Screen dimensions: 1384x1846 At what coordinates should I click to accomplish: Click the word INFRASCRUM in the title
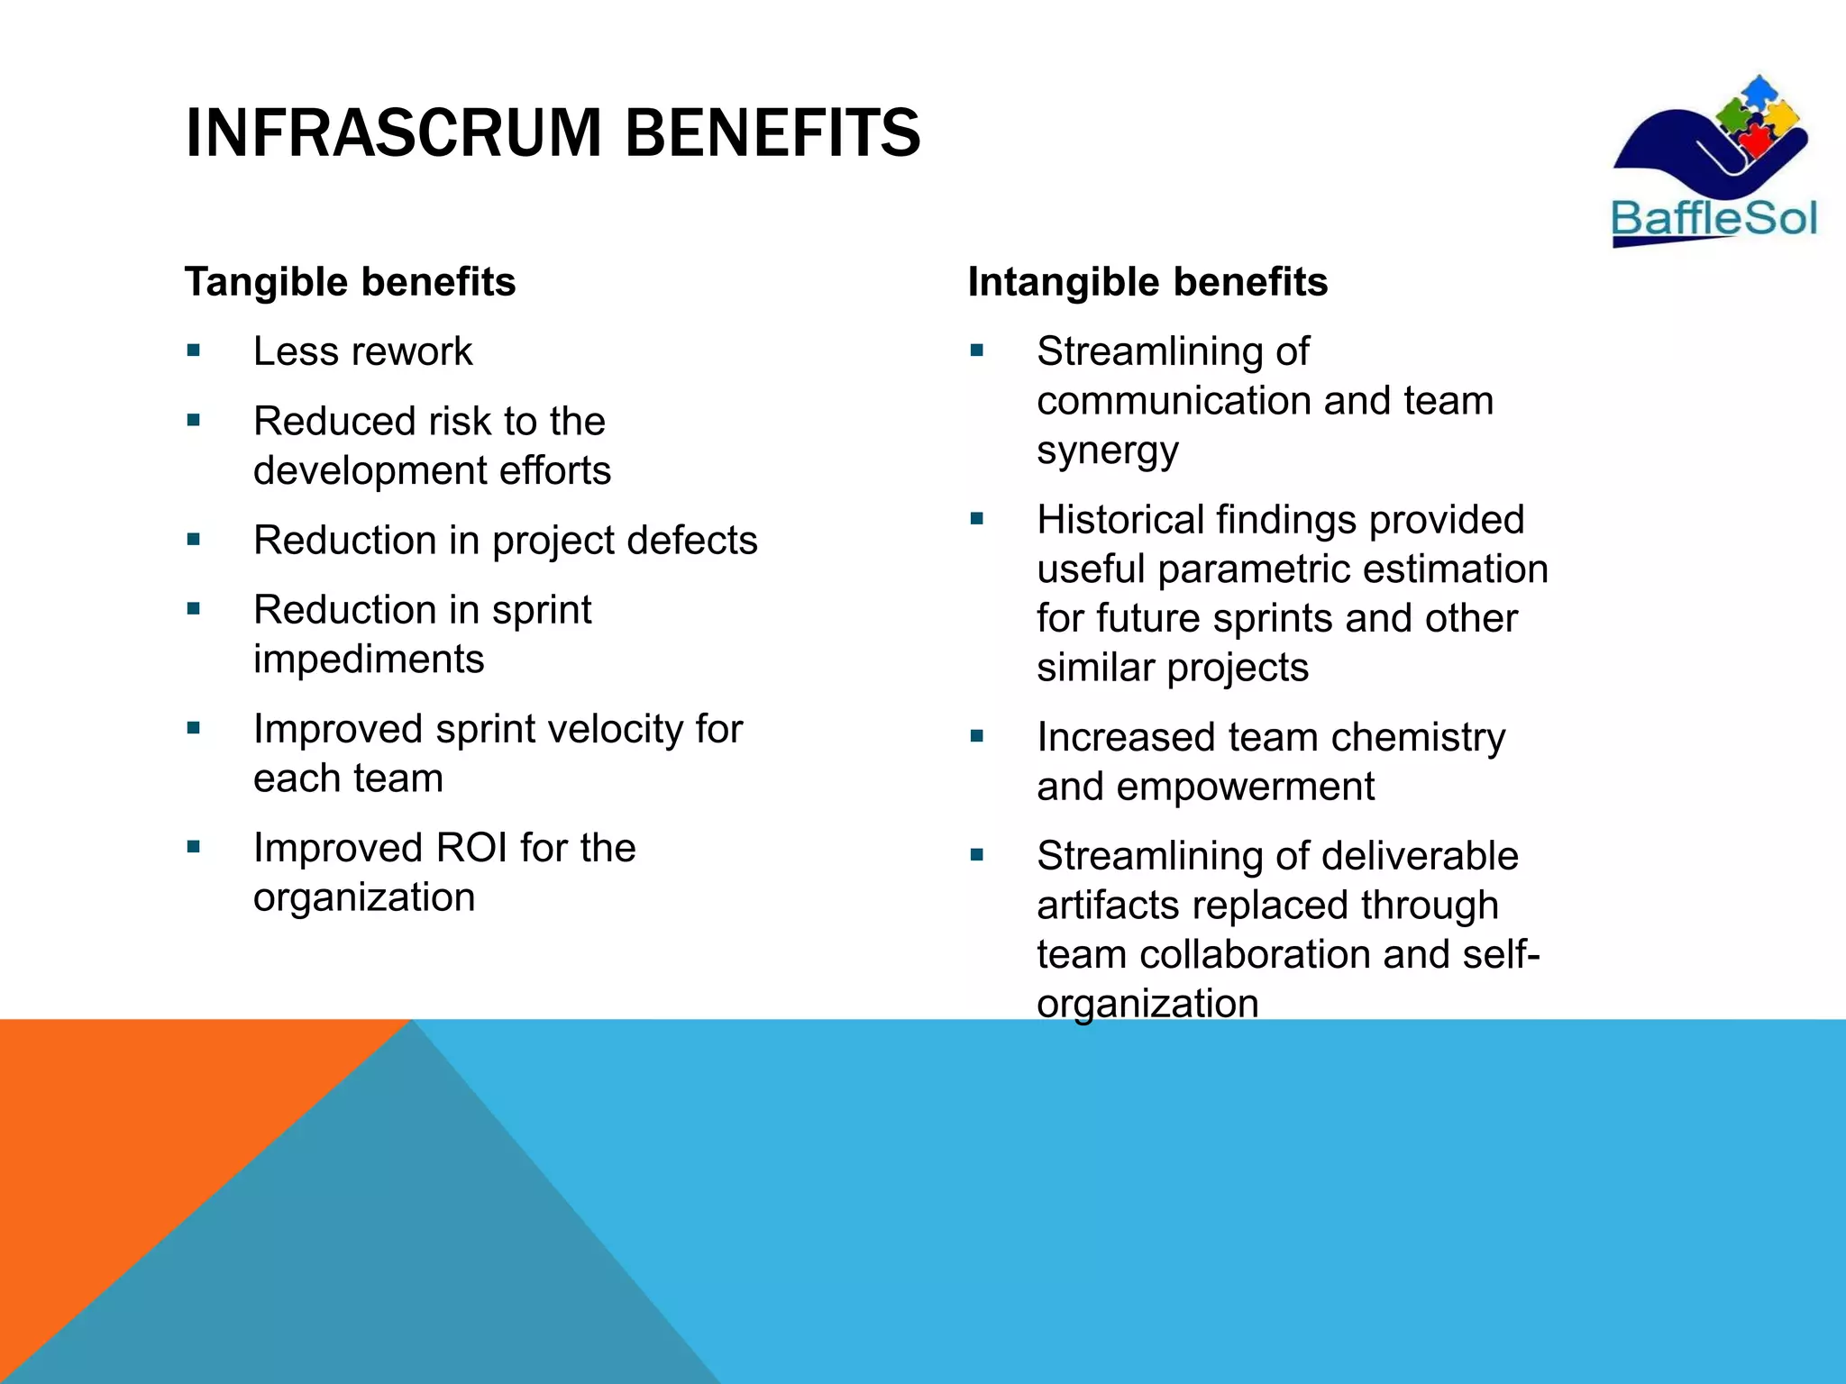(393, 133)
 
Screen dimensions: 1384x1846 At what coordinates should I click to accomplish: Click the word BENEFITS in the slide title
(772, 133)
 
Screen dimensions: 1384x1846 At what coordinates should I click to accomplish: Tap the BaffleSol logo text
(1713, 219)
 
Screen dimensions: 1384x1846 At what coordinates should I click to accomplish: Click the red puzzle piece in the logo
(1753, 140)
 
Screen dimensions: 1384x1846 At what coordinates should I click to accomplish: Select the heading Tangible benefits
(350, 282)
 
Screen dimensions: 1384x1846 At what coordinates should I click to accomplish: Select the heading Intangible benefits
(1147, 282)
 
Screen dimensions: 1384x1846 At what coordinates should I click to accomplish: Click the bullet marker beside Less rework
(194, 351)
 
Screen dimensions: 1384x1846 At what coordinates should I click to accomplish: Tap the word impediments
(369, 660)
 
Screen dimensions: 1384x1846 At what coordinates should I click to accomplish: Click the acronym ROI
(472, 848)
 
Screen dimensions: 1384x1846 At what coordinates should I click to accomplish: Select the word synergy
(1107, 451)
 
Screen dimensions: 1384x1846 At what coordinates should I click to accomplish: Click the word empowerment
(1245, 787)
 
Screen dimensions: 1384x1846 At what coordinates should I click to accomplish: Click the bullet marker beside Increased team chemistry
(977, 736)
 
